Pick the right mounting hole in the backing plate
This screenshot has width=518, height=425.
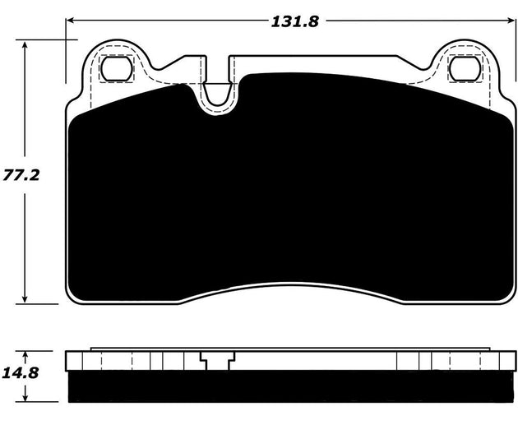pyautogui.click(x=460, y=70)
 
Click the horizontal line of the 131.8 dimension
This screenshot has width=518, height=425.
pyautogui.click(x=164, y=21)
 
